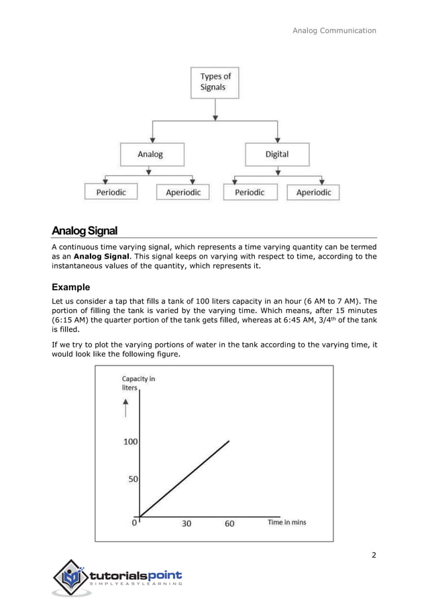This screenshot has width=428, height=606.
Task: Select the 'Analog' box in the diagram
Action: click(x=150, y=154)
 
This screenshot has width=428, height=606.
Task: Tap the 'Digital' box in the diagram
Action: click(x=276, y=154)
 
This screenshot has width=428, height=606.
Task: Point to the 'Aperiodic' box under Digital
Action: click(x=313, y=192)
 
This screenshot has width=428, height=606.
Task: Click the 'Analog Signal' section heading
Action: click(x=85, y=231)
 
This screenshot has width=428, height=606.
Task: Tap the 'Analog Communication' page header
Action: click(x=335, y=30)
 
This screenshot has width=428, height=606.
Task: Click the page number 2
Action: click(x=374, y=555)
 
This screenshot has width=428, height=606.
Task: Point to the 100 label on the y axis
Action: click(x=129, y=441)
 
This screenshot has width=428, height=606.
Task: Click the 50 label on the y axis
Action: click(x=133, y=480)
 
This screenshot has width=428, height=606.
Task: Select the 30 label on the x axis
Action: click(x=186, y=523)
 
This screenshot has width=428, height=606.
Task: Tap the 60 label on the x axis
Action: click(x=229, y=523)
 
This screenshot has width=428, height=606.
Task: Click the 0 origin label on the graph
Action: click(x=134, y=522)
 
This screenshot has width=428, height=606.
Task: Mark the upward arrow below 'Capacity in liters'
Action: click(x=125, y=408)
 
